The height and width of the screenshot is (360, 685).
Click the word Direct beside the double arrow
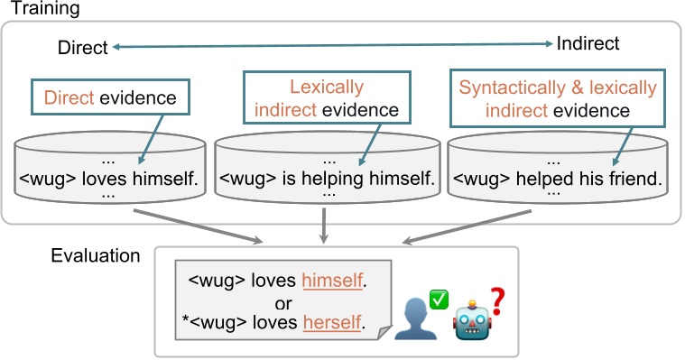pos(82,47)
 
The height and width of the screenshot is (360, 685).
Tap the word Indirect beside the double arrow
pos(588,43)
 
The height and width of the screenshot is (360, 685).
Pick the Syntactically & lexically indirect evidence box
pos(557,99)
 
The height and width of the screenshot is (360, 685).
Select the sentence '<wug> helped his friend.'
pos(556,178)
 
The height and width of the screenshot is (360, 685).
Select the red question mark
pos(497,293)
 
